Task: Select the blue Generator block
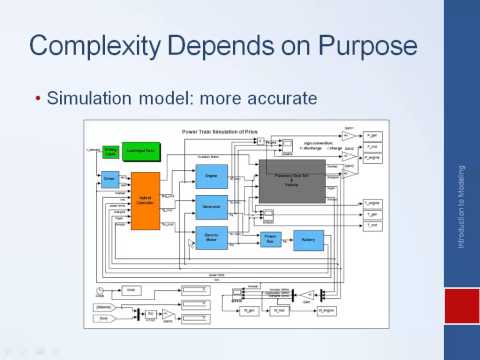click(x=212, y=208)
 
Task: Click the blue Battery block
click(x=309, y=240)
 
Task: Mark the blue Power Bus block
click(x=269, y=239)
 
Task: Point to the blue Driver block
click(x=111, y=179)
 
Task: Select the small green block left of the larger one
click(x=111, y=150)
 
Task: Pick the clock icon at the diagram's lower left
click(x=102, y=289)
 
